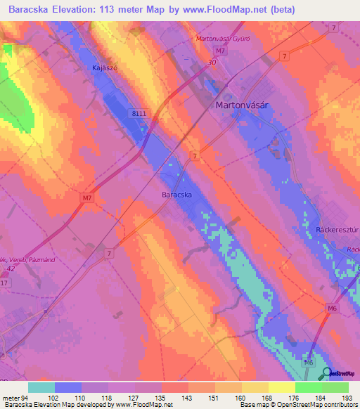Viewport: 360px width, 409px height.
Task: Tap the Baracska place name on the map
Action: (x=177, y=195)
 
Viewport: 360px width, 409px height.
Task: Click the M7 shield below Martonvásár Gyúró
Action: (x=221, y=51)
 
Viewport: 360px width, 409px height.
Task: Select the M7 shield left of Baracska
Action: (x=86, y=199)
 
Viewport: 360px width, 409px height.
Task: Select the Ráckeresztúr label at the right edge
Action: (x=334, y=231)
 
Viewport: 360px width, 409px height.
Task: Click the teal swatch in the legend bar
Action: (x=41, y=387)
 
